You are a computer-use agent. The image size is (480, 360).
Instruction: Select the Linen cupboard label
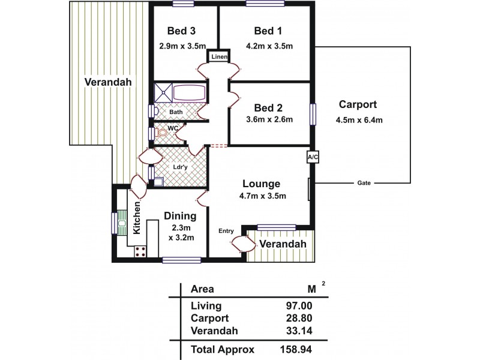point(217,57)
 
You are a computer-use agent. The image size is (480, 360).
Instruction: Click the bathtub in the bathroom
point(189,94)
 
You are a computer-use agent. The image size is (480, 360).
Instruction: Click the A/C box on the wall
point(312,157)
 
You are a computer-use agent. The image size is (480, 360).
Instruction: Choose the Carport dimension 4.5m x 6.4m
point(359,119)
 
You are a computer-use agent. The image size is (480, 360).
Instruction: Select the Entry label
point(226,230)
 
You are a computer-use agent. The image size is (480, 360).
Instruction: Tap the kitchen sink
point(122,223)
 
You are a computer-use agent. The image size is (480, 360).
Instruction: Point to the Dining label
point(181,216)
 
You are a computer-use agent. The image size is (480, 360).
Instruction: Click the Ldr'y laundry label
point(180,167)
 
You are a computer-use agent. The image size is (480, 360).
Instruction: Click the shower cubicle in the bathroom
point(162,92)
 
